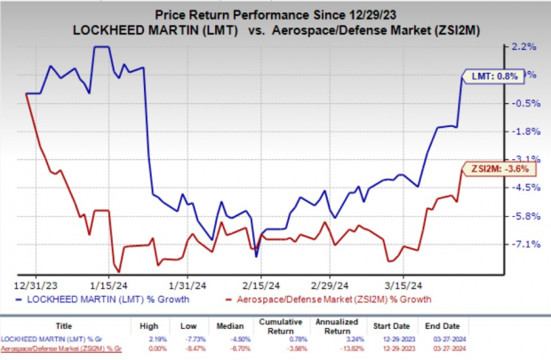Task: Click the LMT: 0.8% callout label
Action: [491, 76]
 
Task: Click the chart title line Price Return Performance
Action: [276, 14]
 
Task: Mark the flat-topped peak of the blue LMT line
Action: [101, 47]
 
